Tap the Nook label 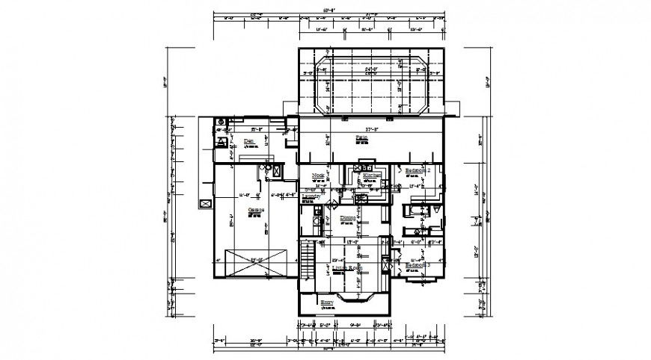point(317,176)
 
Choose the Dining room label point(348,219)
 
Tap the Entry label point(326,302)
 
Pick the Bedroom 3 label point(418,265)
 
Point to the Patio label point(361,139)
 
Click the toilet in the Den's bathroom point(222,140)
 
